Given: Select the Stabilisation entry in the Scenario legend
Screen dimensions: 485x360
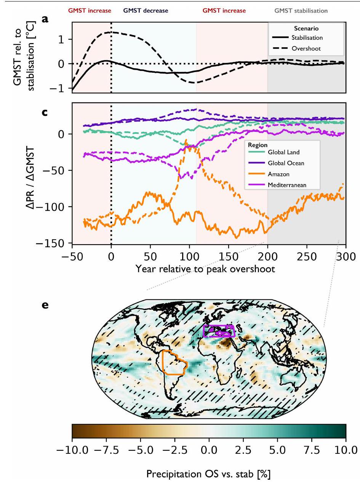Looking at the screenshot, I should (x=307, y=38).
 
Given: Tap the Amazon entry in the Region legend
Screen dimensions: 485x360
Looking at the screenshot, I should (x=278, y=174).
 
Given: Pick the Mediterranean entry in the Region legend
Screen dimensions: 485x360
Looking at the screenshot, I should (x=287, y=185).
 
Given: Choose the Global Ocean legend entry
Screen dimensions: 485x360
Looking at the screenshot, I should (x=285, y=163).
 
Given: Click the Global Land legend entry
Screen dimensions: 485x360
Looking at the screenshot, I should (x=283, y=152).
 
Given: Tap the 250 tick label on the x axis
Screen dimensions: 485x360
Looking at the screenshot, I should (x=307, y=256).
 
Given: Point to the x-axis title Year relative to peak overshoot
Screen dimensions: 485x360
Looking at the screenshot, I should (x=205, y=269).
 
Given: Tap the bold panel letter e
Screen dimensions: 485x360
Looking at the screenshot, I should (x=45, y=306).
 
